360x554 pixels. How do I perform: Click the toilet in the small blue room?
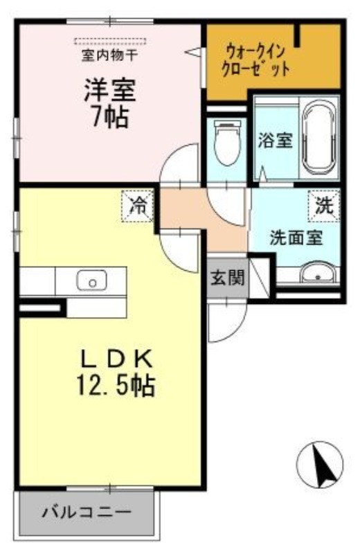point(228,142)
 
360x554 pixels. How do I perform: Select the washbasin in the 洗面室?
point(318,273)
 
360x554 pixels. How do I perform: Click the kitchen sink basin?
point(91,280)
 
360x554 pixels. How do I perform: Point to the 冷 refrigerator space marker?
point(138,206)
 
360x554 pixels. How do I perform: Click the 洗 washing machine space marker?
point(323,206)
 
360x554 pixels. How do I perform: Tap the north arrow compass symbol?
point(320,465)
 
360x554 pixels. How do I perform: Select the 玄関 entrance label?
point(228,278)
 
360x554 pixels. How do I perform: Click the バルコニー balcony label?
point(87,512)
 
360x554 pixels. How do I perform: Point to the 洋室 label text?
point(110,90)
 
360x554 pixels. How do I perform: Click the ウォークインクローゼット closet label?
point(255,61)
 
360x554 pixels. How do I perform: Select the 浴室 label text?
point(276,141)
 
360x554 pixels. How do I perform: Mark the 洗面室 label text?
point(296,237)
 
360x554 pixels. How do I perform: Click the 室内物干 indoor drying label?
point(109,55)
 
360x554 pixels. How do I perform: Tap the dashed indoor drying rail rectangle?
point(110,41)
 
